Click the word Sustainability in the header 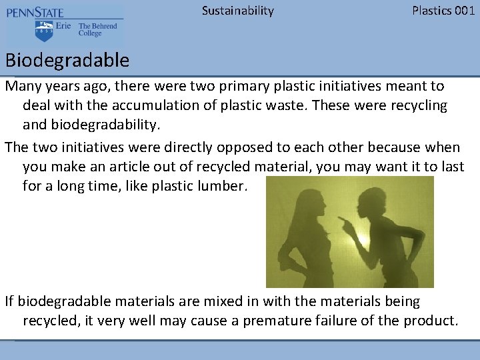[x=237, y=11]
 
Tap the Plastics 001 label [x=443, y=11]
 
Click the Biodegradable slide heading [x=67, y=61]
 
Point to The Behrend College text [x=97, y=30]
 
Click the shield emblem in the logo [x=45, y=30]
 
